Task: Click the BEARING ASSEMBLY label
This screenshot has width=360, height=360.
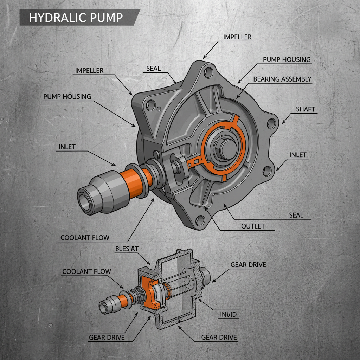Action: point(282,79)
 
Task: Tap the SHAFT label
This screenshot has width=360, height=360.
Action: point(306,109)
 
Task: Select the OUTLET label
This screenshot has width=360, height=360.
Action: point(253,226)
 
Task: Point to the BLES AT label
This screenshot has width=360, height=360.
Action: point(127,249)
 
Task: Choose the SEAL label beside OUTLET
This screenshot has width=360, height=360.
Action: point(296,215)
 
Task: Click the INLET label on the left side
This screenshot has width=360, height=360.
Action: point(66,147)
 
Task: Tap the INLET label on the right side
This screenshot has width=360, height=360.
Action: point(298,155)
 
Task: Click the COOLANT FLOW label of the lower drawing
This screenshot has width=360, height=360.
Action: point(86,271)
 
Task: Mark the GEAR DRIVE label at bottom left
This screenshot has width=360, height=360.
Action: point(107,337)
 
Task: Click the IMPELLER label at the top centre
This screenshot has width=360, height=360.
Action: point(237,37)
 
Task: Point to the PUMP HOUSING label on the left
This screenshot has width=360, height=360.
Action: point(67,96)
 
